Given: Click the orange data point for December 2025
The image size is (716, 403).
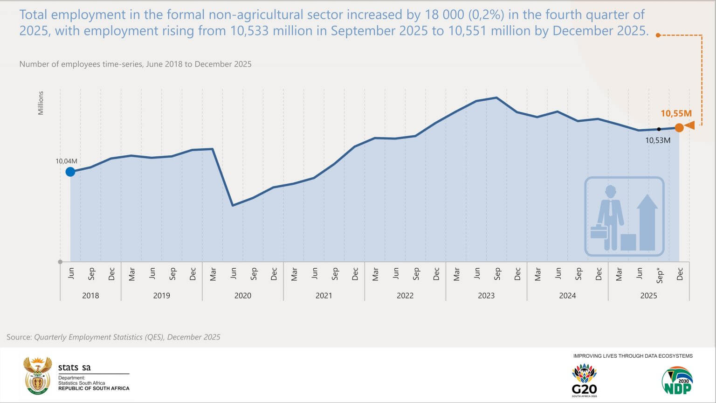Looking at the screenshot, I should coord(679,127).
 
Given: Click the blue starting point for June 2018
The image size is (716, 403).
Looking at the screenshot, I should coord(70,172).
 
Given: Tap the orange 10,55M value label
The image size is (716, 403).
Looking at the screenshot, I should coord(676,113).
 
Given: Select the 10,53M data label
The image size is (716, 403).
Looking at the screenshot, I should coord(658,140).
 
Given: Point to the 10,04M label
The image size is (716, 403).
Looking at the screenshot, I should coord(66,161).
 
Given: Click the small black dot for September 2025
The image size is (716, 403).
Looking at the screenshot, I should coord(659,129).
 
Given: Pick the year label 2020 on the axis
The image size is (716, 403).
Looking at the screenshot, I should coord(242,296).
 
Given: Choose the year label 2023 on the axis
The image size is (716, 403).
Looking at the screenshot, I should coord(486,296).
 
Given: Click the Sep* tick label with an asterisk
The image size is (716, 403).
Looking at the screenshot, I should coord(659,275).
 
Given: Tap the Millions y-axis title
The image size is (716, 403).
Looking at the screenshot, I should coord(41,103).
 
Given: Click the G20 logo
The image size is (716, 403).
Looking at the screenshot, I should coord(584,380).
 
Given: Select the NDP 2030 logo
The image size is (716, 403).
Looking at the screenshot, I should coord(677,380).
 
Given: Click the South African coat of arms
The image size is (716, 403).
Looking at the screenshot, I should coord(37,375).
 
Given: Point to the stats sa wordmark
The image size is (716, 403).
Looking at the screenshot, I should coord(75,368).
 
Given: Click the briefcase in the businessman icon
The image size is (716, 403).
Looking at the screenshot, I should coord(599,232).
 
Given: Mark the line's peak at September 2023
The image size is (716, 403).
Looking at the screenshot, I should coord(496,97).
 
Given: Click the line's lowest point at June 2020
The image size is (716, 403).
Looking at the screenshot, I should coord(233,205).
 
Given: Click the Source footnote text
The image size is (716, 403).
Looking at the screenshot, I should coord(113,337).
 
